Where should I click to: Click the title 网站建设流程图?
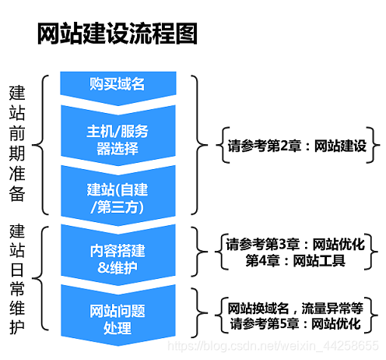pyautogui.click(x=118, y=34)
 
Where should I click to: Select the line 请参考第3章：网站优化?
pyautogui.click(x=295, y=244)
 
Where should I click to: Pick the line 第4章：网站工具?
pyautogui.click(x=295, y=260)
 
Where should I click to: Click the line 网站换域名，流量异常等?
pyautogui.click(x=295, y=307)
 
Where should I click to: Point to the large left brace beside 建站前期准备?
pyautogui.click(x=44, y=144)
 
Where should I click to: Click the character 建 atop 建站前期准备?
pyautogui.click(x=17, y=92)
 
